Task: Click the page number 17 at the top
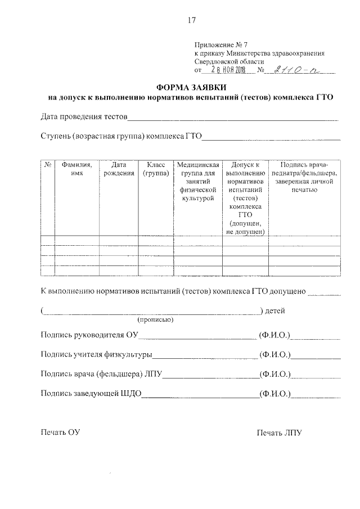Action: click(x=191, y=20)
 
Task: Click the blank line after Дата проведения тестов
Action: click(x=233, y=119)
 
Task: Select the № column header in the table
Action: click(x=48, y=165)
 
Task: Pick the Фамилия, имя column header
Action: click(x=77, y=169)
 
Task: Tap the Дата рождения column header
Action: click(x=119, y=169)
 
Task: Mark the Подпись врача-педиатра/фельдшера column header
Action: click(x=304, y=178)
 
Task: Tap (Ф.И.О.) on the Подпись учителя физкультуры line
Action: click(x=274, y=355)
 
